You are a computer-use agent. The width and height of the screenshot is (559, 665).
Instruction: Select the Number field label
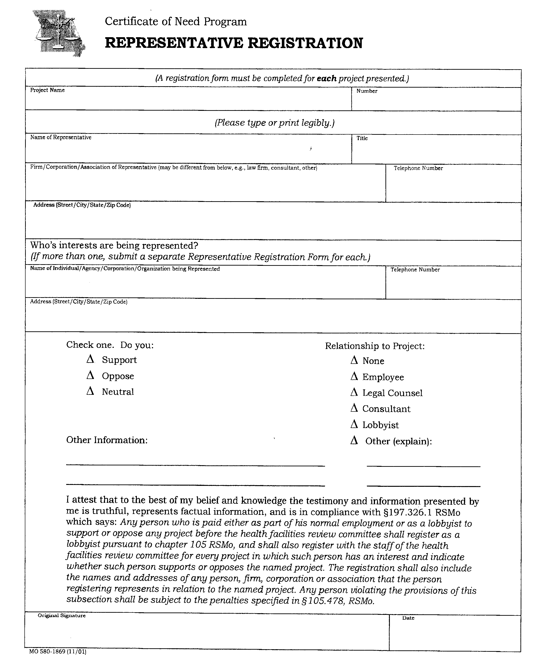tap(367, 91)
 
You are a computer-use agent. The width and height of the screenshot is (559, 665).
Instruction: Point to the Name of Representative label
tap(61, 138)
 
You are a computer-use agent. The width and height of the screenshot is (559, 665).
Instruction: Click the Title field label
tap(362, 138)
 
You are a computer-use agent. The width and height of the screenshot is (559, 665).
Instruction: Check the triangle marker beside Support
tap(90, 359)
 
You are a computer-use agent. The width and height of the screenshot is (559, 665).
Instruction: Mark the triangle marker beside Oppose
tap(90, 376)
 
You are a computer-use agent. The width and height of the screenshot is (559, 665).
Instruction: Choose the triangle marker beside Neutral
tap(90, 392)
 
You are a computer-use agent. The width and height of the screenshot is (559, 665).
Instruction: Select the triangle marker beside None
tap(354, 360)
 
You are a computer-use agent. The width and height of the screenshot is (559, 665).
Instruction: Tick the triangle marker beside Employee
tap(354, 377)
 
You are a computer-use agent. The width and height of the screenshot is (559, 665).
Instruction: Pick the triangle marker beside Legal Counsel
tap(354, 393)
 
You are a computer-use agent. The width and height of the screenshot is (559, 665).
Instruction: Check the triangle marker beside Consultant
tap(354, 408)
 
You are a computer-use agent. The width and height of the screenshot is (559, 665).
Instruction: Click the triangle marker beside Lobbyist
tap(354, 425)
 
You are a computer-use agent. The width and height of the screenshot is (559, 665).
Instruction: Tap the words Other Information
tap(107, 440)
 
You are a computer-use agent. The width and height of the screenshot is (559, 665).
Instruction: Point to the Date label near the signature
tap(408, 618)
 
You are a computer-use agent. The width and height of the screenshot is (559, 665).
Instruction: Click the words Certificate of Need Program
tap(176, 22)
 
